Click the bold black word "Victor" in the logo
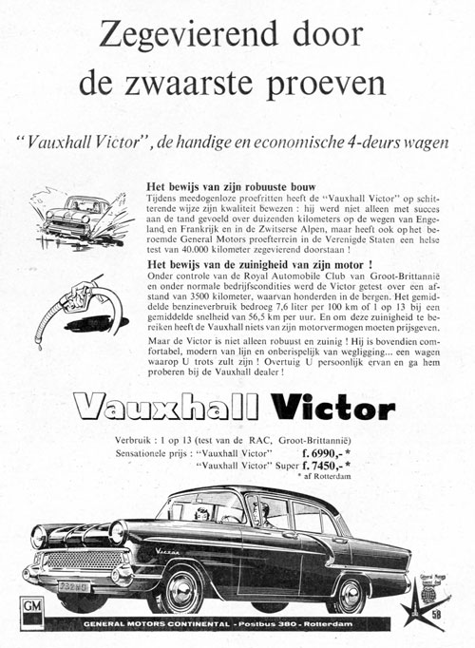pyautogui.click(x=329, y=409)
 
